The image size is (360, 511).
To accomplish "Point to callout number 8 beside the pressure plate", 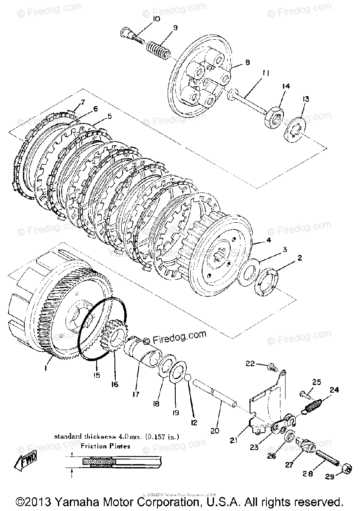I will click(247, 62).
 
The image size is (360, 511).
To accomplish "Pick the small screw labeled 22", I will click(272, 365).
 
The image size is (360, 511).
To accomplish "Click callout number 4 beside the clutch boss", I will click(268, 241).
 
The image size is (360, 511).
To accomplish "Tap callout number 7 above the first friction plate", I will click(83, 102).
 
